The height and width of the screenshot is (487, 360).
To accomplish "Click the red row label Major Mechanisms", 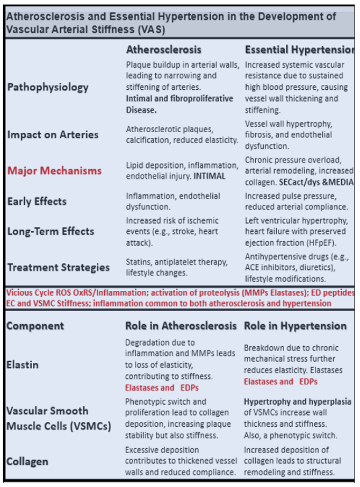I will click(54, 171).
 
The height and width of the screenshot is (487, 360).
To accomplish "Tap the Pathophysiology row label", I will click(48, 87).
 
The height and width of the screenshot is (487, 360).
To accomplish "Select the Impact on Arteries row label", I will click(53, 134).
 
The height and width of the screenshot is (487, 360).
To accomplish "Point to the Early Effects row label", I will click(37, 202).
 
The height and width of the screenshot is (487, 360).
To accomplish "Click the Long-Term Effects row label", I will click(51, 232).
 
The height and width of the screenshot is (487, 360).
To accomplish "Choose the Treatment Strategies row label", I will click(58, 267).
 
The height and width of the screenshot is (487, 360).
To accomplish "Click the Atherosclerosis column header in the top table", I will click(163, 49).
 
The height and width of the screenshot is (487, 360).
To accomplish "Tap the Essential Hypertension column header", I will click(299, 49).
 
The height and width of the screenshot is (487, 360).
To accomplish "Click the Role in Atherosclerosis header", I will click(181, 326).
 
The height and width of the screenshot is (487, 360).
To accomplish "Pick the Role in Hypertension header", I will click(295, 326).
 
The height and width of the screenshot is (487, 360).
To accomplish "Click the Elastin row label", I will click(22, 364).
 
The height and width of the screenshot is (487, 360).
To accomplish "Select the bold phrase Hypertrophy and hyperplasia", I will click(297, 402).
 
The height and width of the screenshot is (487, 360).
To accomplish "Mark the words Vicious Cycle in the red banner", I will click(27, 293).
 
